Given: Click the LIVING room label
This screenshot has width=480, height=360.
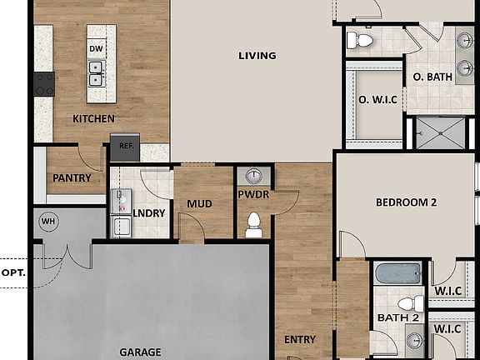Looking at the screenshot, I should pyautogui.click(x=257, y=56).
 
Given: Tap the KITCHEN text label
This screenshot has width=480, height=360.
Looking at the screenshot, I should pyautogui.click(x=93, y=119).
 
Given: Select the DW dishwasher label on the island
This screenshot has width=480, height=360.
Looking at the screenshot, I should pyautogui.click(x=97, y=49).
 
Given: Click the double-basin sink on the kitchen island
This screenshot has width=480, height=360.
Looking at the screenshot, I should pyautogui.click(x=97, y=80).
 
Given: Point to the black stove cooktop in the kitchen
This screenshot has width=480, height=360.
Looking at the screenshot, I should pyautogui.click(x=43, y=82).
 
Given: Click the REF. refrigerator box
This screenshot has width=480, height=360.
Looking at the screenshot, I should pyautogui.click(x=126, y=146).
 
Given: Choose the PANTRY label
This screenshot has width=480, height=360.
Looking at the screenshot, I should pyautogui.click(x=72, y=177).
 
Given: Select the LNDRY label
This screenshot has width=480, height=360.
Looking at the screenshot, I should pyautogui.click(x=149, y=213).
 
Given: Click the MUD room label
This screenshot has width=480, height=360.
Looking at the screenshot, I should pyautogui.click(x=199, y=203).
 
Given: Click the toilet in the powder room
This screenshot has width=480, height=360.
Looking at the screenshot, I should pyautogui.click(x=254, y=223).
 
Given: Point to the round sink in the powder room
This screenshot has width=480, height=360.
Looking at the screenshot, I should pyautogui.click(x=254, y=176).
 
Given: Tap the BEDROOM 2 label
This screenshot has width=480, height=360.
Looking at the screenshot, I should pyautogui.click(x=406, y=202).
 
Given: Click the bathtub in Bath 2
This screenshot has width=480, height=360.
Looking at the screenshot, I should pyautogui.click(x=398, y=273).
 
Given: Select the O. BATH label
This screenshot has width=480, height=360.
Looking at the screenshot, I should pyautogui.click(x=432, y=77).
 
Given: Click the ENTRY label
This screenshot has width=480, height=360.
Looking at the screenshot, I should pyautogui.click(x=300, y=339).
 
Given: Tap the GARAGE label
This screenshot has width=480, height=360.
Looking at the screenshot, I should pyautogui.click(x=140, y=352).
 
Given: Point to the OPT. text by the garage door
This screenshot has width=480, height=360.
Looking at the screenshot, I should pyautogui.click(x=12, y=272).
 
